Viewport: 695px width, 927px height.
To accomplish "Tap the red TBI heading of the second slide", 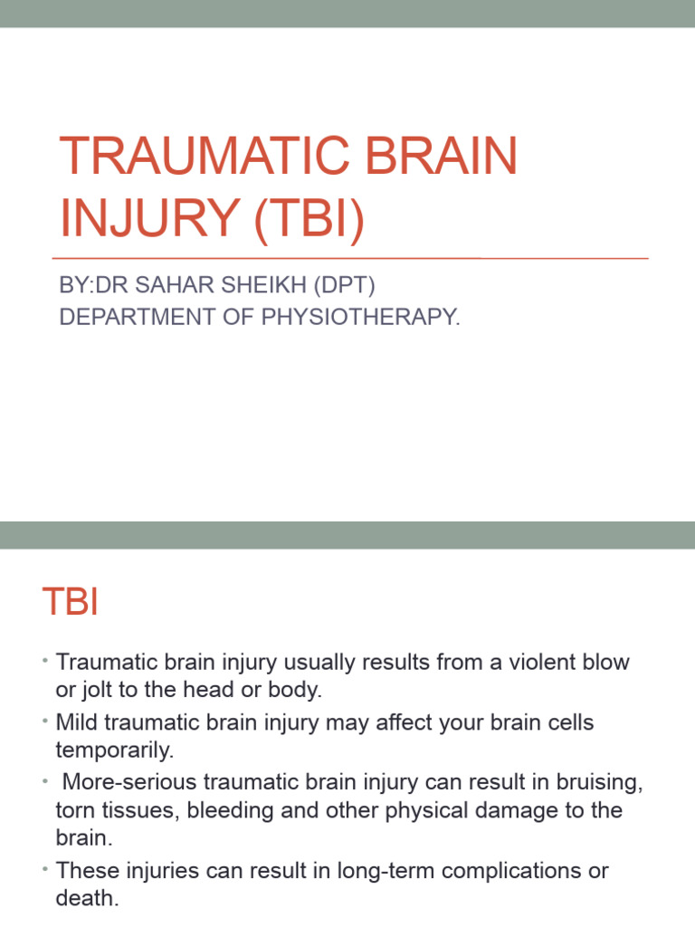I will click(x=70, y=603).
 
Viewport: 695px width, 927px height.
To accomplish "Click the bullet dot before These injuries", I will click(x=44, y=870).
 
